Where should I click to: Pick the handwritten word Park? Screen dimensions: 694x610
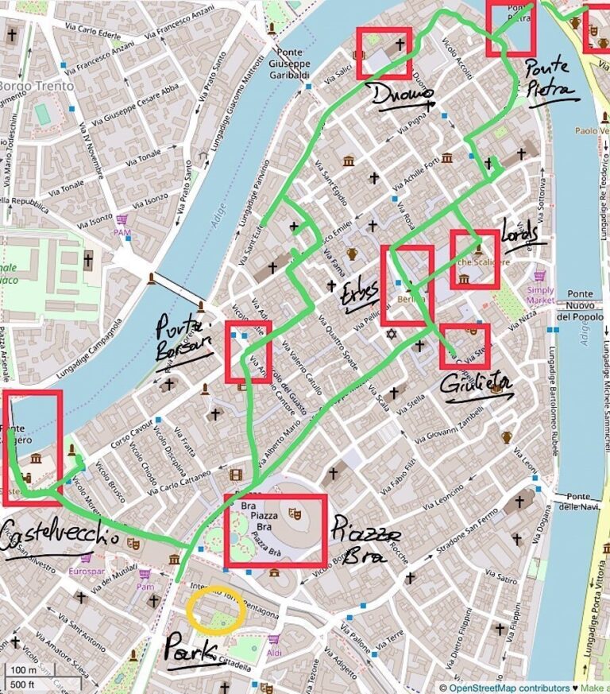(x=191, y=650)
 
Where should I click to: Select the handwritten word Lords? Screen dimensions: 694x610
(x=520, y=233)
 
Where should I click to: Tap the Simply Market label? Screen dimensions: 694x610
(x=541, y=295)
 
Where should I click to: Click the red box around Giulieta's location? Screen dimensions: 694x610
(x=465, y=346)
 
